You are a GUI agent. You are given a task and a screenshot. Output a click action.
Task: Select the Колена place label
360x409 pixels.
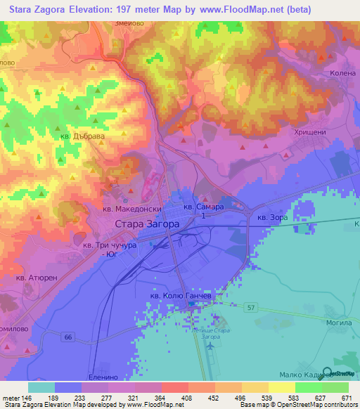pos(343,72)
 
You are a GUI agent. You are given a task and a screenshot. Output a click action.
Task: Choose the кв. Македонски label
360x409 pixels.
pos(132,209)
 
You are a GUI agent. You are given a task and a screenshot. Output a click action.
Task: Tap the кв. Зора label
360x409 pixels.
pos(273,219)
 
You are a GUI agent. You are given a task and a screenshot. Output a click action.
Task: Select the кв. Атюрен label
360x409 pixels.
pos(39,278)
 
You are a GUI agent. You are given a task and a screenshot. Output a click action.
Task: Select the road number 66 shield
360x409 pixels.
pos(68,337)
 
